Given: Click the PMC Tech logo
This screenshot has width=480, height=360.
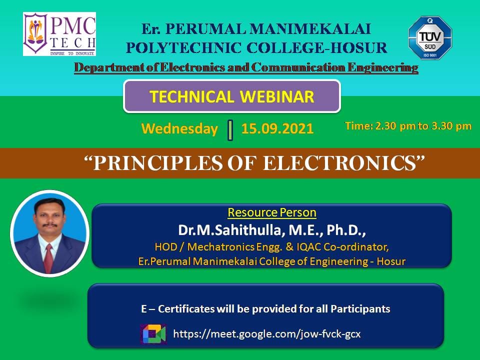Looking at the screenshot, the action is tap(59, 34).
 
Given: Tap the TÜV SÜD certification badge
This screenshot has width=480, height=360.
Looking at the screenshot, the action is tap(430, 37).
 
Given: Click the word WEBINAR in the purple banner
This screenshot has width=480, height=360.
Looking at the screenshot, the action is tap(277, 96).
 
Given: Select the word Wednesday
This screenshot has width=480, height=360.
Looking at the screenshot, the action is tap(179, 128).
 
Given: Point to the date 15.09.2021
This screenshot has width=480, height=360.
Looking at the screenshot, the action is tap(277, 128).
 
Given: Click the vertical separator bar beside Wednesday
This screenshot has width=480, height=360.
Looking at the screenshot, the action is tap(230, 130).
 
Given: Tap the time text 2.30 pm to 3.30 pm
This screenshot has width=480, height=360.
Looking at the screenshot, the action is tap(423, 126).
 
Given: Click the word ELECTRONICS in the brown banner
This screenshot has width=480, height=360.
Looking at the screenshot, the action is tap(340, 163).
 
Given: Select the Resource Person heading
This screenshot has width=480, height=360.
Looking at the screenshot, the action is tap(272, 212).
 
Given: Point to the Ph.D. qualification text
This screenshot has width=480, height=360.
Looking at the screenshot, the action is tap(346, 230).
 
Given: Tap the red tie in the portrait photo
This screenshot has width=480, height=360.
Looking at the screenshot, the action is tap(48, 258).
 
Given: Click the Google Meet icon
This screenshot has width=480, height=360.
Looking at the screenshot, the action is tap(153, 334).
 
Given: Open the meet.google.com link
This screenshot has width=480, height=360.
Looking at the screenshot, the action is tap(267, 333).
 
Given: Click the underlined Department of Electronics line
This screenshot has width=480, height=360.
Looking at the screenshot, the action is tap(246, 67).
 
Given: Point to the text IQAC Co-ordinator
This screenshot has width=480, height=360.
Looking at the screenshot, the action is tap(343, 246).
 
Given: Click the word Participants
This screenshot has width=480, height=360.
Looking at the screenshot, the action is tap(360, 308).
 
